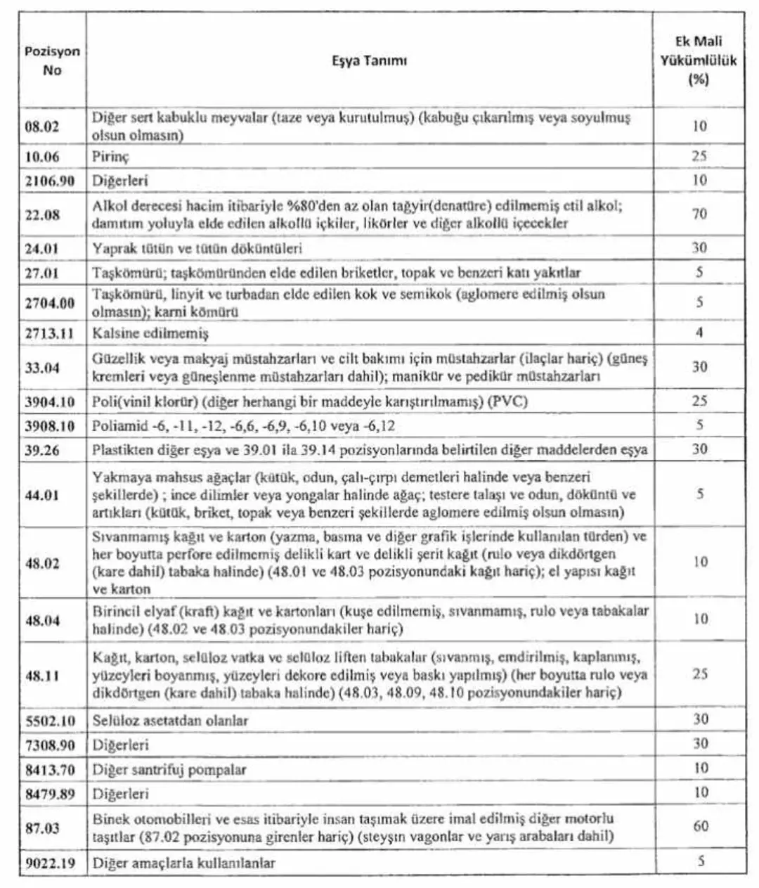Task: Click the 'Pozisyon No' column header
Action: coord(52,61)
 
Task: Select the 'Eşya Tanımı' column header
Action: coord(369,60)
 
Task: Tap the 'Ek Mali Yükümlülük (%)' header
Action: coord(698,60)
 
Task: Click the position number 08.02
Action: coord(43,127)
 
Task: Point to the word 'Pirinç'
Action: coord(110,156)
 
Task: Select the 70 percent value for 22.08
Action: coord(699,214)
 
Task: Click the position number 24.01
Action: coord(43,247)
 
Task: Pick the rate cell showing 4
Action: coord(699,332)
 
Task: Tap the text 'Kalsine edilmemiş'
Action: coord(150,333)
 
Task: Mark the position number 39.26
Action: coord(43,450)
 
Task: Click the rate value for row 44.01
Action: coord(699,494)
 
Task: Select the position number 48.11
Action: coord(43,676)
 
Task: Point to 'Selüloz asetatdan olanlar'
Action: coord(170,721)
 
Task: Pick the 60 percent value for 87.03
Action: coord(700,826)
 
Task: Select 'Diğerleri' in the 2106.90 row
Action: coord(120,181)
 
